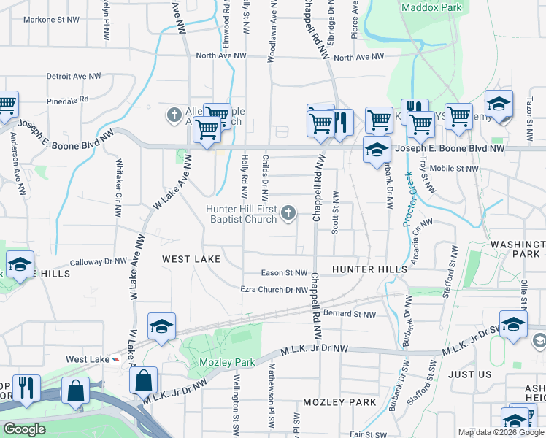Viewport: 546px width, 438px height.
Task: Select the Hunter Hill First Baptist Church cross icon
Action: [x=289, y=213]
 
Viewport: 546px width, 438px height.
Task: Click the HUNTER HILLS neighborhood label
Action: [x=369, y=269]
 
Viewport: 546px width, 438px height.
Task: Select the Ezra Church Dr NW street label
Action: [x=274, y=290]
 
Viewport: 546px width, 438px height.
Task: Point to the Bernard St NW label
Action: [x=349, y=315]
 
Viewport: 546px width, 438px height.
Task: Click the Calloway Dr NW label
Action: [x=99, y=261]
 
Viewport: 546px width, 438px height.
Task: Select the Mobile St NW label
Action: [x=454, y=168]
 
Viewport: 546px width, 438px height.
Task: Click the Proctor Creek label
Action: [x=411, y=199]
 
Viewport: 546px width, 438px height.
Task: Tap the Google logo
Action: [x=24, y=429]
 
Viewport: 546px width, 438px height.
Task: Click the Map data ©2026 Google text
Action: [x=500, y=432]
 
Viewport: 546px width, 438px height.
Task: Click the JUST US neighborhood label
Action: [x=470, y=374]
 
